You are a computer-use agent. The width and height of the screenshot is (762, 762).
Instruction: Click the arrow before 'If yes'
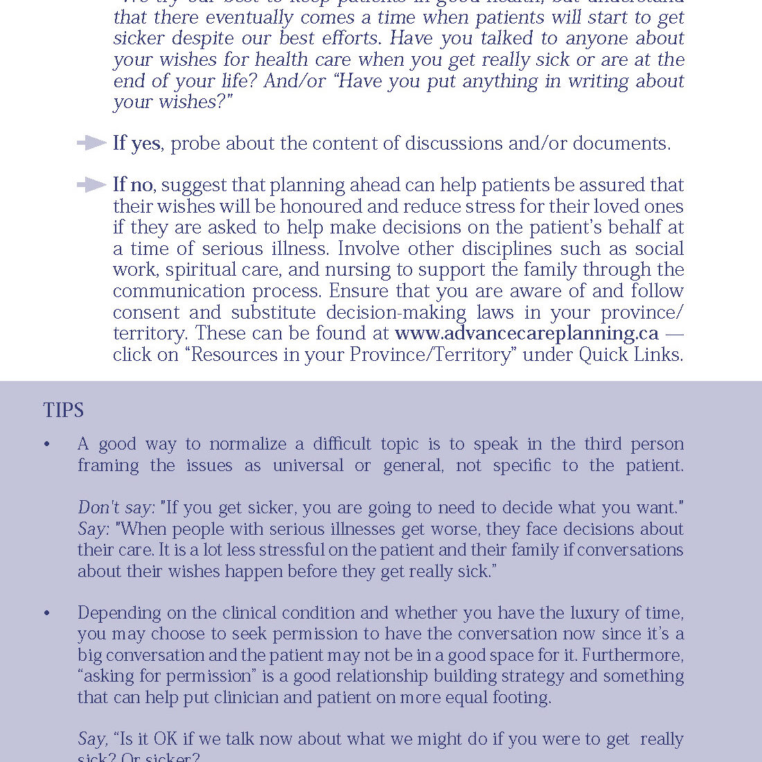(91, 143)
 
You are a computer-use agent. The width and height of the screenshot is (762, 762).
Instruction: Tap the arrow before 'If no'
(91, 185)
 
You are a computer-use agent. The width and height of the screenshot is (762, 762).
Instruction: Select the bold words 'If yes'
(136, 143)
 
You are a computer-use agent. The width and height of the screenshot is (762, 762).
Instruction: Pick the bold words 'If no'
(133, 185)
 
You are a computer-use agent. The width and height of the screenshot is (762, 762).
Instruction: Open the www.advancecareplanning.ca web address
(526, 333)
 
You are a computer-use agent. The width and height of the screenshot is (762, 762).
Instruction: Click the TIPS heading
(63, 410)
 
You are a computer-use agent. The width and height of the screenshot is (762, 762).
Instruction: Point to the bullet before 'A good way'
(47, 444)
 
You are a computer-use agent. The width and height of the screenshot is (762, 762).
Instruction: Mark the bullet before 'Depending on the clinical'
(47, 613)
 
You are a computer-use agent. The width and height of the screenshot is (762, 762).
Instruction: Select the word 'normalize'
(248, 444)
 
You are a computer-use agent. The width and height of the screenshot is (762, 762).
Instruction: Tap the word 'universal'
(308, 466)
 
